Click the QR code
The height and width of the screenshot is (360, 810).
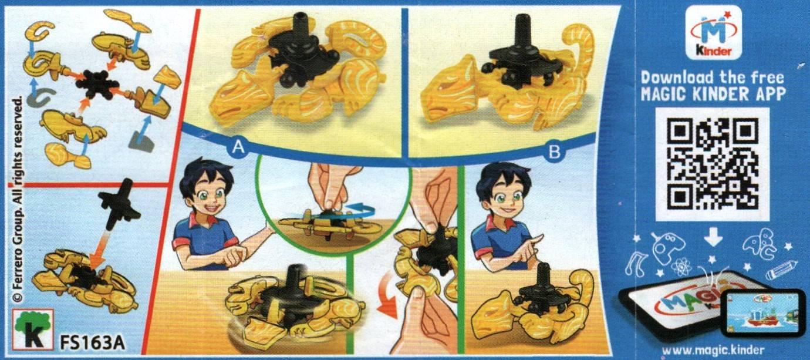(x=713, y=164)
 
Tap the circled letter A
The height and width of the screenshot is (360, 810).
(x=238, y=147)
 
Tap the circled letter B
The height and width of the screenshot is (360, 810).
(x=554, y=152)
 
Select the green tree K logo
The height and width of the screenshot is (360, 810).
(x=33, y=329)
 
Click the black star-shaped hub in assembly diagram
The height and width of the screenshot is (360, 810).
(x=97, y=82)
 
